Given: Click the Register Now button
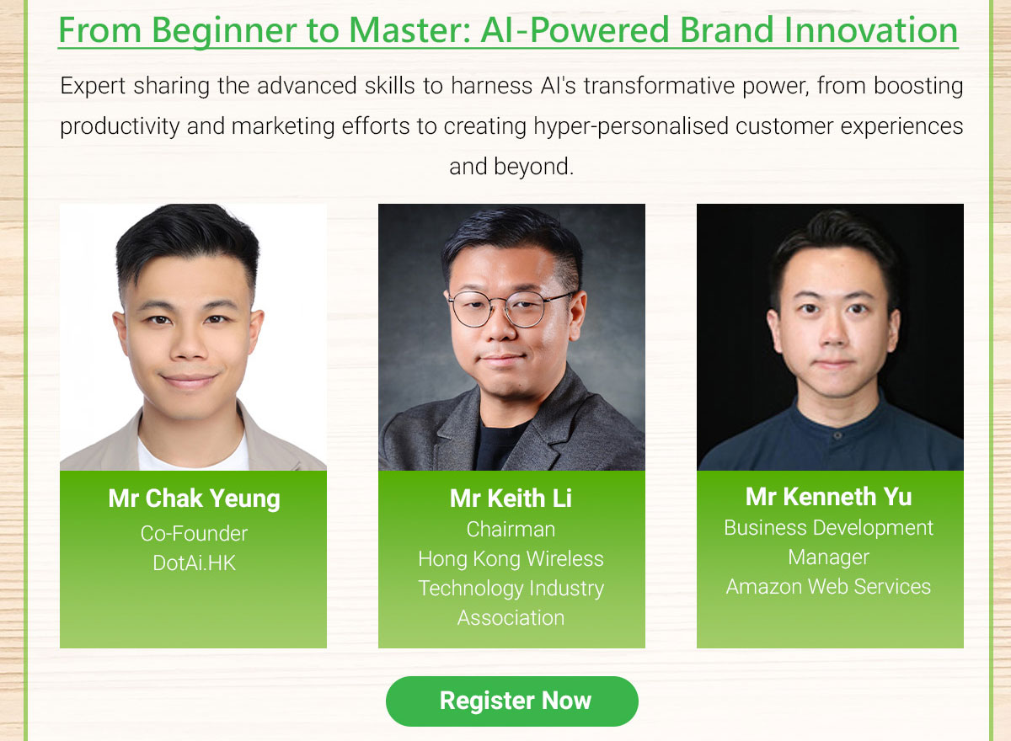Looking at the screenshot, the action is (512, 701).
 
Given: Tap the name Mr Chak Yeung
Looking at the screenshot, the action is (194, 499).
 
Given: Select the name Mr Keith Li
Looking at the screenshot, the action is (511, 498).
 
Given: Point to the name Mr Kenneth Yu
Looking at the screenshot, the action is (829, 497).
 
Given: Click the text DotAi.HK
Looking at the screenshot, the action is (194, 562).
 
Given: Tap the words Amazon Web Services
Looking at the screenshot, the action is (829, 586).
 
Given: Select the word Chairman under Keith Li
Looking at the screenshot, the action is (511, 529).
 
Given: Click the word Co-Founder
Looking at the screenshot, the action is (194, 534).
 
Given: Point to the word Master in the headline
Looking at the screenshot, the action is (409, 30).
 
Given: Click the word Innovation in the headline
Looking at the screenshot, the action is (871, 30).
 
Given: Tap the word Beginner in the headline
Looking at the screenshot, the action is (223, 31).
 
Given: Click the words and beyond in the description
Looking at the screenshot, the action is (511, 167).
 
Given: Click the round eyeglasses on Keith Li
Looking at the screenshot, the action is (509, 308).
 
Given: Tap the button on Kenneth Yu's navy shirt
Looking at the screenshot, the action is (837, 435).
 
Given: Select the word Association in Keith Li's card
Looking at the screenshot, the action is (511, 617).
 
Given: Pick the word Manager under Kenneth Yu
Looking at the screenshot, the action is (829, 557).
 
